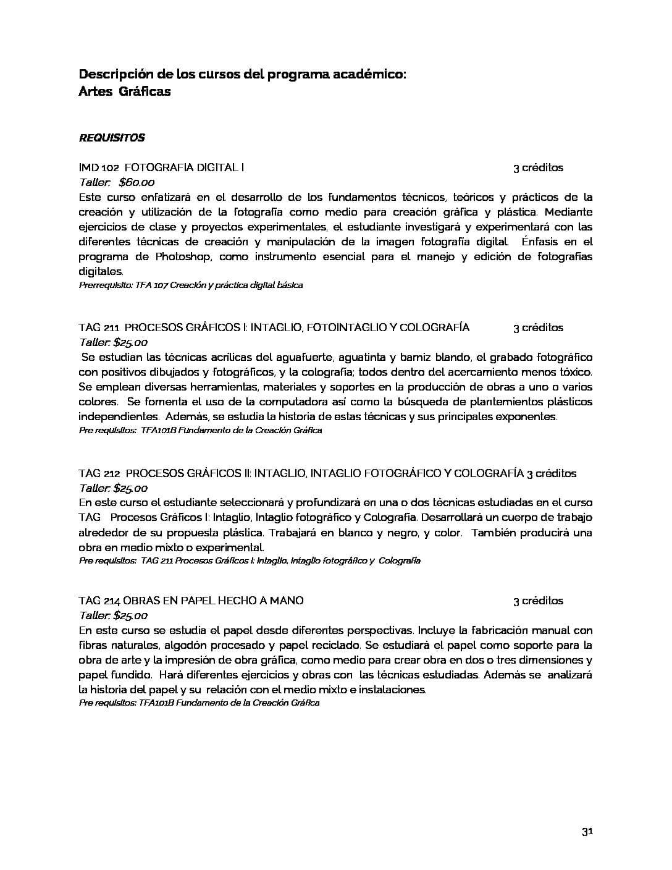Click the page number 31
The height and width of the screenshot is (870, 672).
(x=587, y=832)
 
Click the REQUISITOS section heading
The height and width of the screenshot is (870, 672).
(x=112, y=138)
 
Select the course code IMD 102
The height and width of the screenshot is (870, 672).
(x=99, y=167)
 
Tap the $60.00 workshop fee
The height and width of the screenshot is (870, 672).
(x=136, y=182)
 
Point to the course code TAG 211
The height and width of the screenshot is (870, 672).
(x=99, y=327)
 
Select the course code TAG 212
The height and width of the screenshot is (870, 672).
(x=99, y=473)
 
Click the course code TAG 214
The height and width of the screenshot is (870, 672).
(x=99, y=601)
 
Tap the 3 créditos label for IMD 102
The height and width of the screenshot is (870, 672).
(x=538, y=167)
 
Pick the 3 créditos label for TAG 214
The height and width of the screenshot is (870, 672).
(x=538, y=601)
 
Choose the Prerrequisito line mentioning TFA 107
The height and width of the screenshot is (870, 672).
(x=191, y=285)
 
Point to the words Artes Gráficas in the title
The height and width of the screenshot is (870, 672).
(x=125, y=91)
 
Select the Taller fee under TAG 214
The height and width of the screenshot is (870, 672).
(x=114, y=615)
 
